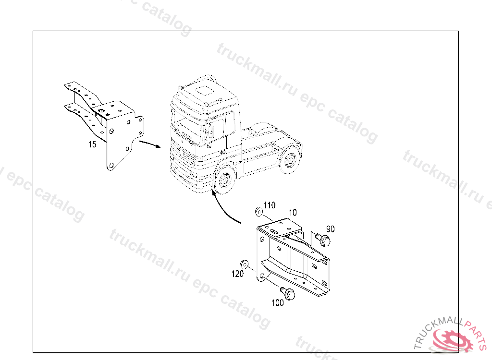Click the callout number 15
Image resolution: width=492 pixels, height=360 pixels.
92,144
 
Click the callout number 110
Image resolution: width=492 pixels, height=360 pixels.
269,205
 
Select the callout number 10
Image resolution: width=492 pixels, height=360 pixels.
293,213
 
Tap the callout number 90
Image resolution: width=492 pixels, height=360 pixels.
331,229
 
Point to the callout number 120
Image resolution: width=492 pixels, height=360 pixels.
237,274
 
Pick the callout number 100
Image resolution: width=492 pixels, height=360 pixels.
277,302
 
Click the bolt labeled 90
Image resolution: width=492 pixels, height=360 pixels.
323,239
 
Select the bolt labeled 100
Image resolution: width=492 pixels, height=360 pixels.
287,293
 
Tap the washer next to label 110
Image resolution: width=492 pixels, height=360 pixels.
258,212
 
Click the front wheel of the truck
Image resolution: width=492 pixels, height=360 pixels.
224,180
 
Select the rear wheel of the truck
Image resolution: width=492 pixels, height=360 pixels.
289,159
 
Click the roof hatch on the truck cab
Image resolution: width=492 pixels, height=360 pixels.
205,91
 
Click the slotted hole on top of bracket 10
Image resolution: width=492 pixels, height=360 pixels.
273,232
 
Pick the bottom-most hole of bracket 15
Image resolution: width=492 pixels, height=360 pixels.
111,165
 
